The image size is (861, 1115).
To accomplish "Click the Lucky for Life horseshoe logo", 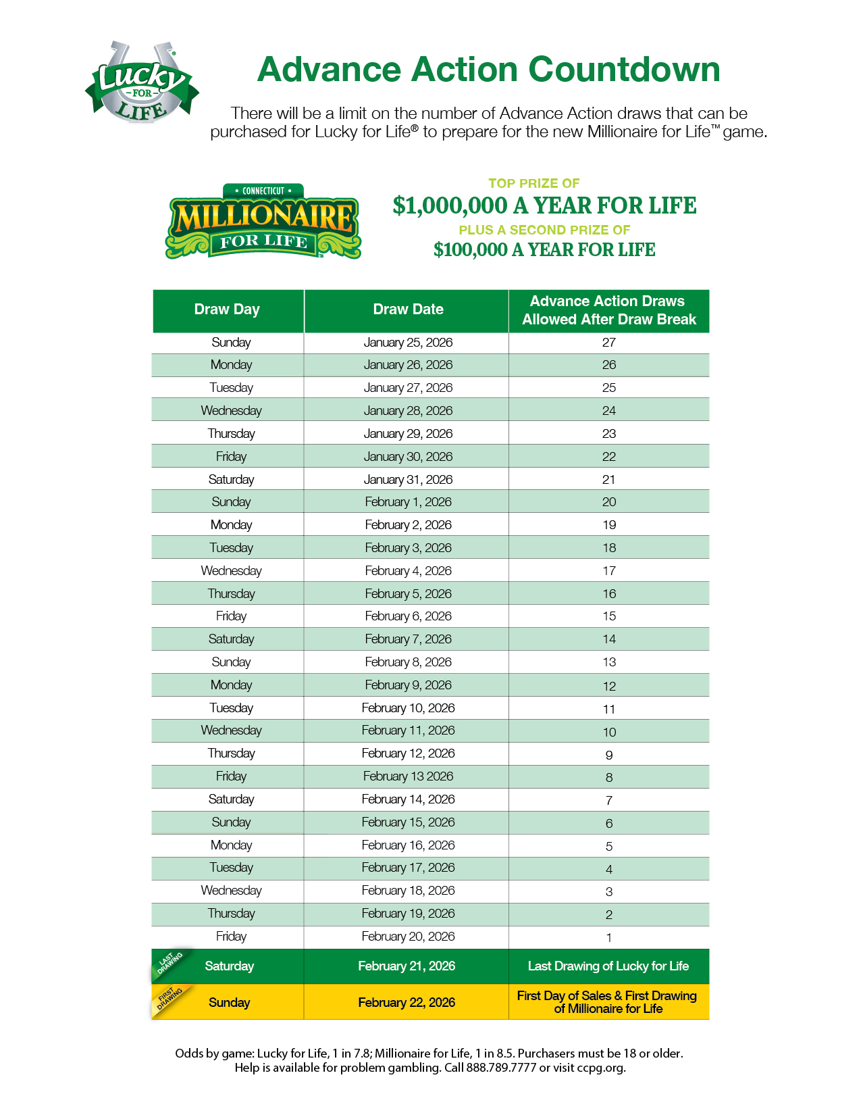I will pos(142,82).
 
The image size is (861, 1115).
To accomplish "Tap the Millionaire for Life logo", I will pos(263,222).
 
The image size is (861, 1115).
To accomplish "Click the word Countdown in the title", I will pos(624,70).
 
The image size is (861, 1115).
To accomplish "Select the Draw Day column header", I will pos(227,309).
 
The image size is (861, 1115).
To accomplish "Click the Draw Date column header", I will pos(408,309).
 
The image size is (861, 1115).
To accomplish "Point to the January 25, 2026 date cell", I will pos(408,343).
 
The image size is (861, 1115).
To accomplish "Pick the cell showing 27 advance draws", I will pos(608,343).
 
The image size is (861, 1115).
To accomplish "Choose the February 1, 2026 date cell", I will pos(408,502).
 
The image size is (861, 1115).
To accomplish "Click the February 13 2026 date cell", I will pos(408,776).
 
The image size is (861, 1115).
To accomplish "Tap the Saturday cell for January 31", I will pos(231,480).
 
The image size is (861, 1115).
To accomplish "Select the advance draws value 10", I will pos(608,732).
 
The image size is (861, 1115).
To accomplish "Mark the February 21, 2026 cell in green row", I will pos(407,966).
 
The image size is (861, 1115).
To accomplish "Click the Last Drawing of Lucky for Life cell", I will pos(608,966).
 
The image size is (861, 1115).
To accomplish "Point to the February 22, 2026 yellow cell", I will pos(407,1003).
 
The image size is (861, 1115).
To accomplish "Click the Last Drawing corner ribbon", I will pos(169,963).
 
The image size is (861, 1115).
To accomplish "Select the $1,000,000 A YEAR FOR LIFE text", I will pos(544,205).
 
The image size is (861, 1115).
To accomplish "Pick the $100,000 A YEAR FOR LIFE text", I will pos(544,250).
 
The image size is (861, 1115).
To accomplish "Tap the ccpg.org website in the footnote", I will pos(600,1068).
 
